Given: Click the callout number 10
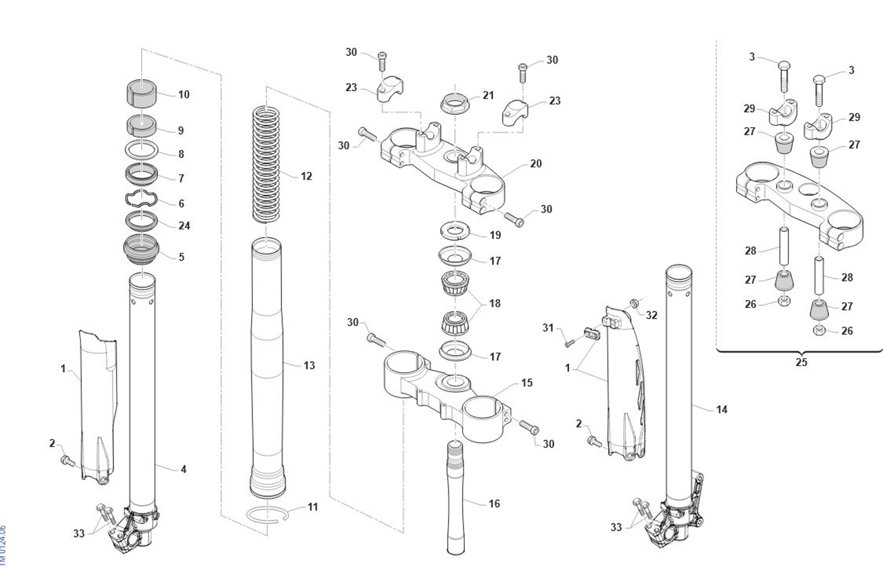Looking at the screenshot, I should coord(183,95).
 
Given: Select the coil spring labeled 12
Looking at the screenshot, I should coord(266,165).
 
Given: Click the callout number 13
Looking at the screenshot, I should coord(309,365).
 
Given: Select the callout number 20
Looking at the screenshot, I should coord(535,164).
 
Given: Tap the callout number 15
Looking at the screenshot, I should coord(527,383).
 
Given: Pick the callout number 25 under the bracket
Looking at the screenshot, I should coord(801,362).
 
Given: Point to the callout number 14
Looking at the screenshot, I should coord(721,409).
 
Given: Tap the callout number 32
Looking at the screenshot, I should coord(651,315).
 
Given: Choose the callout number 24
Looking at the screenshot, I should coord(184,226).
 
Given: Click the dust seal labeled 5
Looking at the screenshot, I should coord(141,250).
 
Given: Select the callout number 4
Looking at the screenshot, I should coord(183,469).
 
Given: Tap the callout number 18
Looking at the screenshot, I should coord(494,303).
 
